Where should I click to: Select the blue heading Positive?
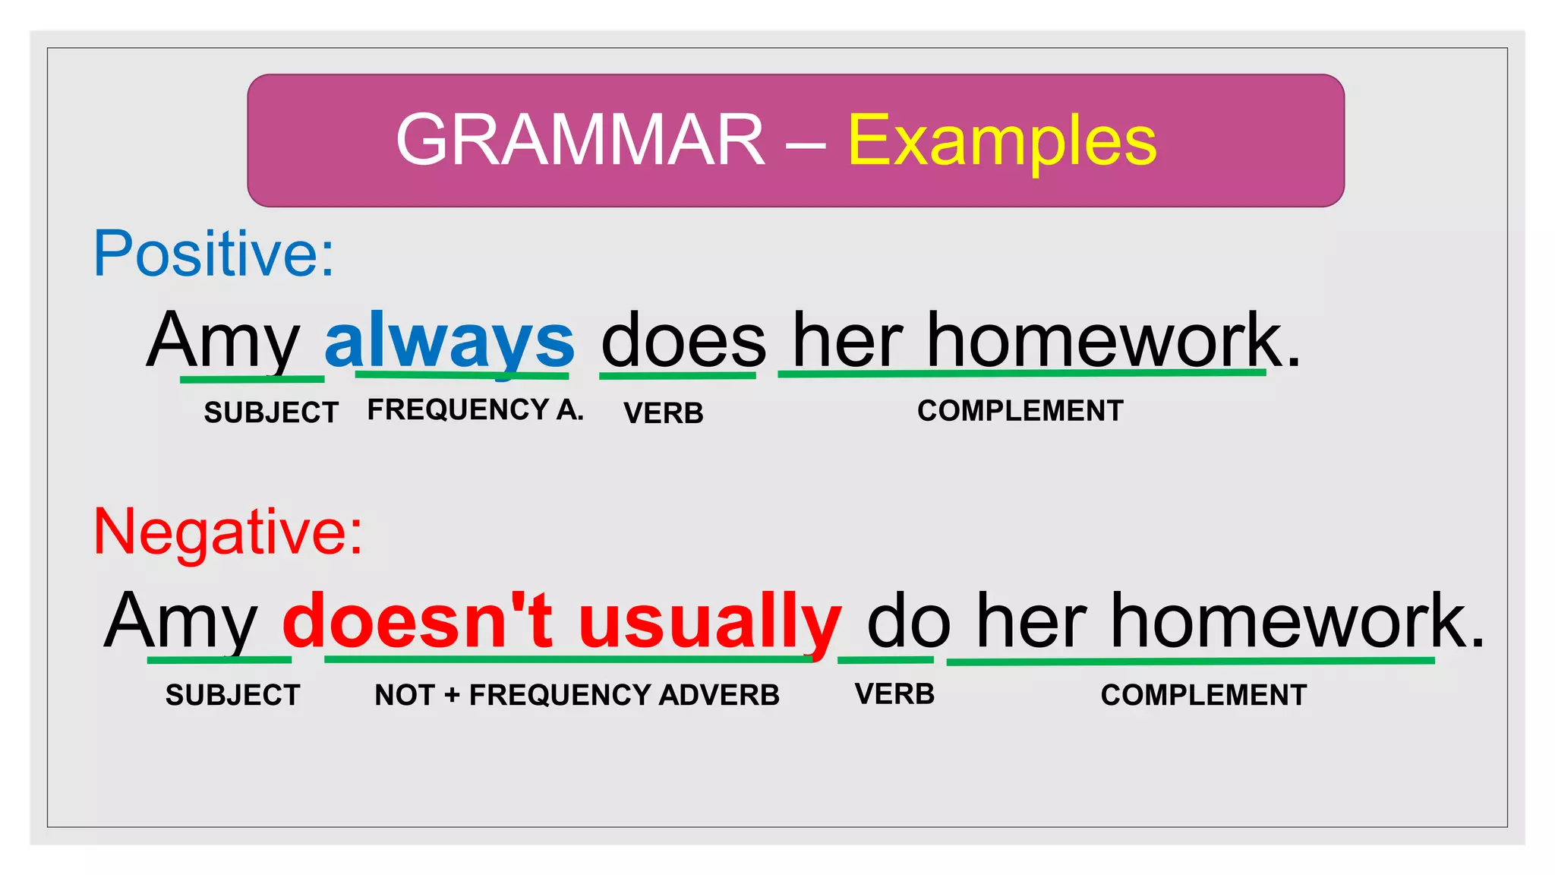[x=213, y=254]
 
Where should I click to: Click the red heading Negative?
[x=228, y=531]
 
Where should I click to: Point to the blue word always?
[x=449, y=340]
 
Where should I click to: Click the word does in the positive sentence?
[x=683, y=342]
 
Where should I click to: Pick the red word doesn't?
[x=417, y=621]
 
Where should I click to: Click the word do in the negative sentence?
[x=908, y=621]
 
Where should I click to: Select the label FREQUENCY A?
[x=475, y=409]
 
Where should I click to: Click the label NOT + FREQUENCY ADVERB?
[x=577, y=694]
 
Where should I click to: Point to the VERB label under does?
[x=664, y=412]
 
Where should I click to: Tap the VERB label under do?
[x=894, y=693]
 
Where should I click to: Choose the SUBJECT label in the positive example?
[x=271, y=412]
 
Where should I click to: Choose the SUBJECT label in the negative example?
[x=233, y=694]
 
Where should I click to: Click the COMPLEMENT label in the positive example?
[x=1020, y=410]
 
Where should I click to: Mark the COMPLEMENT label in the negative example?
[x=1203, y=694]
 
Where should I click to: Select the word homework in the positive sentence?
[x=1105, y=340]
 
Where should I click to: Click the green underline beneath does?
[x=677, y=375]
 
